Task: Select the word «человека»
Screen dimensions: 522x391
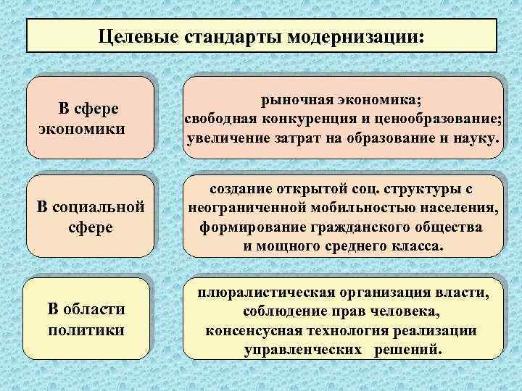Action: pyautogui.click(x=398, y=312)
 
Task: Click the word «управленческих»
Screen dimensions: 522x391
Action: pyautogui.click(x=304, y=349)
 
